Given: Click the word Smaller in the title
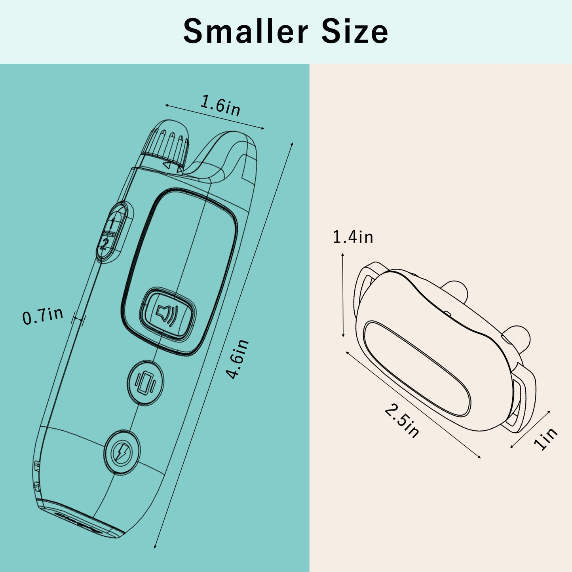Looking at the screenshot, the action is tap(245, 31).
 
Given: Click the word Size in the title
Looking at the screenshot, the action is tap(355, 31).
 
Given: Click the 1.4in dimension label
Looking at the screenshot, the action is tap(353, 238).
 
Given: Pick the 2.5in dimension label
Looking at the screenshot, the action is tap(402, 421).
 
